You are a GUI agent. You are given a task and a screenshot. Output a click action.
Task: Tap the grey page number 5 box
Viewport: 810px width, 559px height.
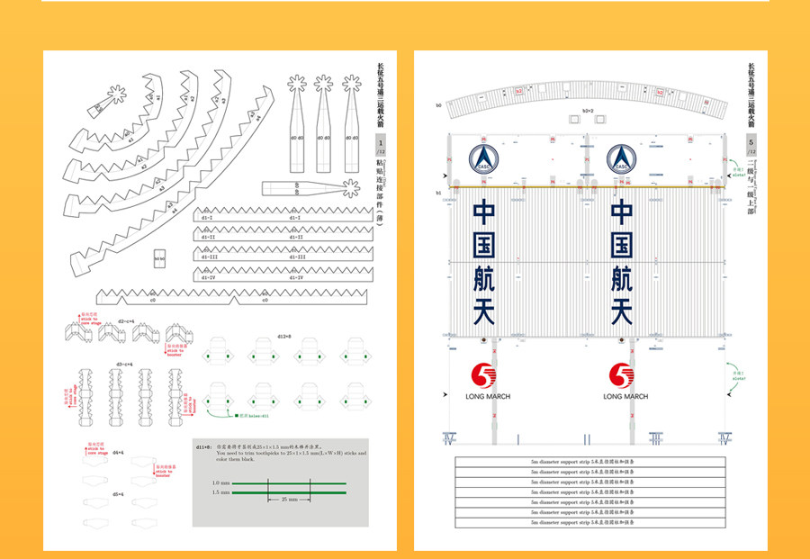pyautogui.click(x=751, y=145)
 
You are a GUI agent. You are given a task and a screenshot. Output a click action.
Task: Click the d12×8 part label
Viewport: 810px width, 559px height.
pyautogui.click(x=284, y=335)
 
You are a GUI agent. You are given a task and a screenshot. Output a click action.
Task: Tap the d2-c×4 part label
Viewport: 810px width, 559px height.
pyautogui.click(x=125, y=320)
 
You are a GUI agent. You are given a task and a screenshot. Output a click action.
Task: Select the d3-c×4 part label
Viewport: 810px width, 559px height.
pyautogui.click(x=124, y=364)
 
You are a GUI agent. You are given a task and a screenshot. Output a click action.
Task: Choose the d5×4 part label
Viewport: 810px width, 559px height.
pyautogui.click(x=118, y=494)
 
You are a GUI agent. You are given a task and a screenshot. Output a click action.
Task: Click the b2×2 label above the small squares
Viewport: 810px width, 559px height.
pyautogui.click(x=589, y=111)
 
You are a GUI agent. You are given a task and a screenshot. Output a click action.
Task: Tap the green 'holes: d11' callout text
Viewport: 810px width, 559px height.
pyautogui.click(x=255, y=416)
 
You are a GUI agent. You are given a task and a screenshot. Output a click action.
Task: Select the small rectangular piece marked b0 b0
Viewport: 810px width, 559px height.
pyautogui.click(x=160, y=257)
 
